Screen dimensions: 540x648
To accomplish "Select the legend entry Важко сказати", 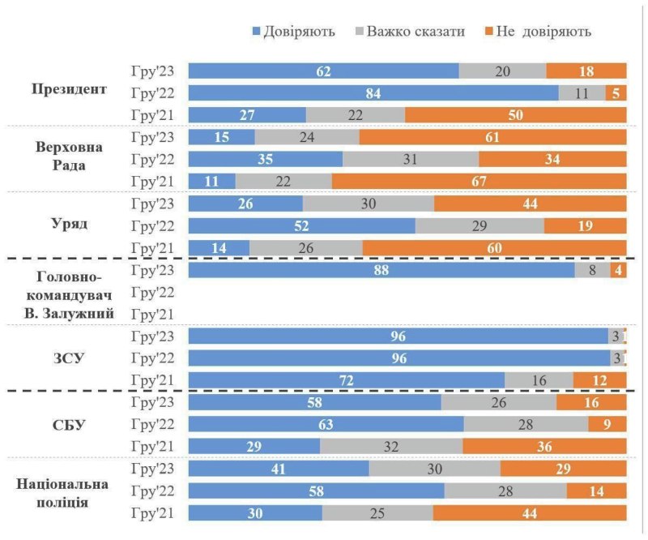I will [410, 32].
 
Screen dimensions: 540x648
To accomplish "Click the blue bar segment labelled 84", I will [373, 92].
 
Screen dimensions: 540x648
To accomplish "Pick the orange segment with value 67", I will [479, 180].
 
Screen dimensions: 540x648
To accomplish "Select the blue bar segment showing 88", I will [381, 270].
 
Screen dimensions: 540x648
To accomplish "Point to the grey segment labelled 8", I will [592, 270].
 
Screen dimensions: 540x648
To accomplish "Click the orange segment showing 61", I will [492, 137].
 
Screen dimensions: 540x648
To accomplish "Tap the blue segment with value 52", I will [301, 225].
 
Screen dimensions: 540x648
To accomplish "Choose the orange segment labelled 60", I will [494, 246].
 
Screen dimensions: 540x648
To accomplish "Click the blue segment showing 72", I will [346, 379].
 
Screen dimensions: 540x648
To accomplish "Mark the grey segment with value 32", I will [391, 446].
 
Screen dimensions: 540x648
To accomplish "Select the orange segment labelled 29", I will [563, 468].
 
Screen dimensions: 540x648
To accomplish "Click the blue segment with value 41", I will [279, 468].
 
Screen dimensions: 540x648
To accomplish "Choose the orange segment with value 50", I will [515, 114].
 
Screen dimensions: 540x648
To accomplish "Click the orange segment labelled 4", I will [619, 270].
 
